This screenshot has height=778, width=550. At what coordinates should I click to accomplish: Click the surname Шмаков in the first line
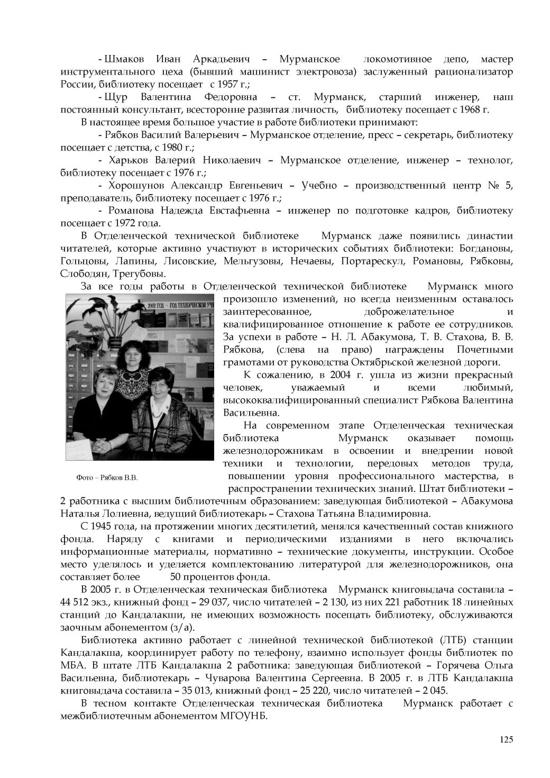[123, 59]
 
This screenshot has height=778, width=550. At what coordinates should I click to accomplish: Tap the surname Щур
[116, 97]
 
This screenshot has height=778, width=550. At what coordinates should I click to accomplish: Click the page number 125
[506, 739]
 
